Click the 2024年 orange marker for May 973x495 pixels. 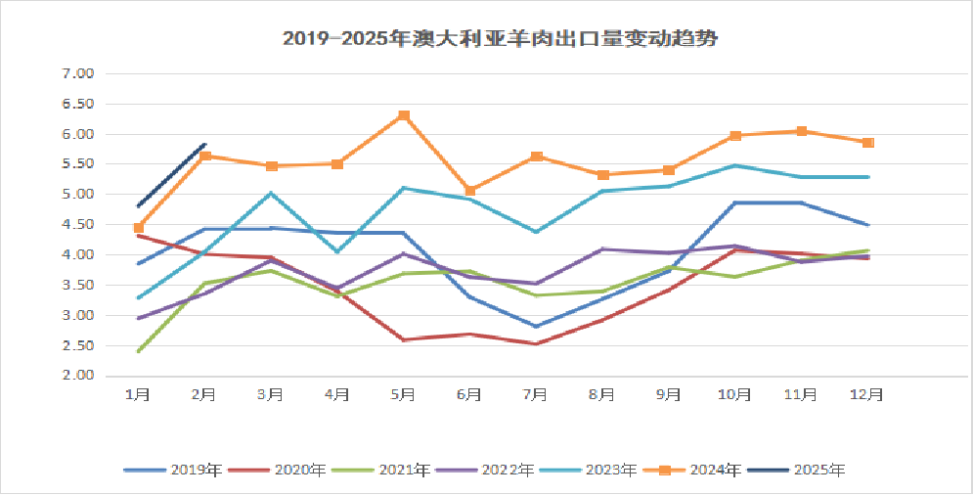click(404, 115)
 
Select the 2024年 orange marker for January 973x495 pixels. click(139, 228)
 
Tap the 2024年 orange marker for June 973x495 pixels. click(470, 191)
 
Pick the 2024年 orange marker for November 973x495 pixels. click(801, 131)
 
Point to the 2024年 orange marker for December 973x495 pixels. click(867, 143)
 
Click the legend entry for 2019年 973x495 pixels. click(172, 471)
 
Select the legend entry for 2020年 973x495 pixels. click(277, 471)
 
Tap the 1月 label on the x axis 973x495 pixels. click(138, 394)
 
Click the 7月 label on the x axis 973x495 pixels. click(536, 394)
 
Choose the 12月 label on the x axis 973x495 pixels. click(867, 394)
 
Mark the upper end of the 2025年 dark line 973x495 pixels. click(204, 144)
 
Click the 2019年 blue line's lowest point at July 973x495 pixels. click(536, 326)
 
